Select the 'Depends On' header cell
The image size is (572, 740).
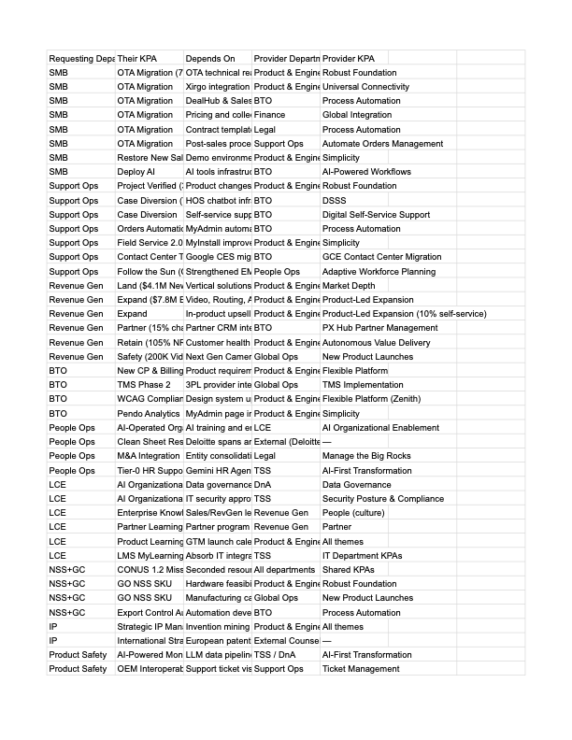[210, 59]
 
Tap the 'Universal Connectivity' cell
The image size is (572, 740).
[365, 87]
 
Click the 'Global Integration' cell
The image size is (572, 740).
[357, 115]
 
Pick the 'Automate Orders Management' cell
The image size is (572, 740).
[382, 144]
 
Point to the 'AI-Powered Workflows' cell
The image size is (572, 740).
[366, 172]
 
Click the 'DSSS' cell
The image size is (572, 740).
[334, 201]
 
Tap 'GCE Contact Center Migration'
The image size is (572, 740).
[381, 257]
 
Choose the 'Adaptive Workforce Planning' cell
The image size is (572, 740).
[379, 272]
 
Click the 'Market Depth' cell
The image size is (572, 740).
[349, 286]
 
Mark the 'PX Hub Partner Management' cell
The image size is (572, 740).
[379, 328]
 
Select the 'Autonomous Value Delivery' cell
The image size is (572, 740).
[376, 343]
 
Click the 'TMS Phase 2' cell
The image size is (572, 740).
[144, 385]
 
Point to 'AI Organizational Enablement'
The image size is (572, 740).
[380, 428]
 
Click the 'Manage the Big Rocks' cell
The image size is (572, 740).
[365, 456]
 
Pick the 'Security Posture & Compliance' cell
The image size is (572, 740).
[382, 499]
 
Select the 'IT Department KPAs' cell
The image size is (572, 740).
[362, 556]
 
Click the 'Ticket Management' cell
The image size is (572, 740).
[360, 669]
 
